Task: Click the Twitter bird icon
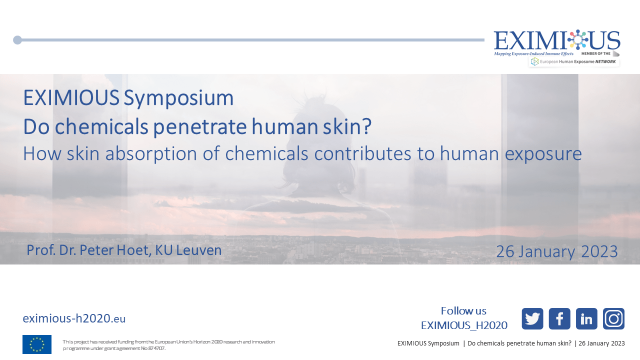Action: click(x=532, y=318)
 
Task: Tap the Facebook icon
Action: click(x=559, y=318)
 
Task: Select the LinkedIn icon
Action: click(x=586, y=318)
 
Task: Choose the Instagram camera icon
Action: click(x=613, y=318)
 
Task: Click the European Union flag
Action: click(x=37, y=344)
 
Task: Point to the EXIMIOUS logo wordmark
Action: click(x=557, y=40)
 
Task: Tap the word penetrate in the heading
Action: click(x=200, y=126)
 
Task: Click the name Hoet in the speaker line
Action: click(x=133, y=250)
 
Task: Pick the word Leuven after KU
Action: click(x=199, y=250)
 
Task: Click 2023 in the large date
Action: click(x=599, y=251)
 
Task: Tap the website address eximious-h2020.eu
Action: click(x=74, y=318)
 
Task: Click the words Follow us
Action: click(x=463, y=311)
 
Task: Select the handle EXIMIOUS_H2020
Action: click(x=464, y=325)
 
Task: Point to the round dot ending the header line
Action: click(x=17, y=40)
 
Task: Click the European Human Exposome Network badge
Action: click(x=574, y=61)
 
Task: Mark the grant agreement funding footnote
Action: click(x=168, y=345)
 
